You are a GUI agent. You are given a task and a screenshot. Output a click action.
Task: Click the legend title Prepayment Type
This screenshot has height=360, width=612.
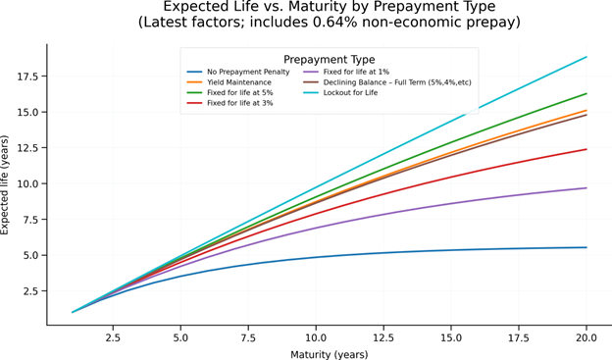(329, 59)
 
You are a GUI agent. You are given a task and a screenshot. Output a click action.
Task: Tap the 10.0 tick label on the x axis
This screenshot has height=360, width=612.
(316, 335)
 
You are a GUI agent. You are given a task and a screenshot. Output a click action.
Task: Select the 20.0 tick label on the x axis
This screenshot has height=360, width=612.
(586, 335)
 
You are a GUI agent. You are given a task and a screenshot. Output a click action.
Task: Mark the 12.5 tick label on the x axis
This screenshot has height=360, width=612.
(383, 335)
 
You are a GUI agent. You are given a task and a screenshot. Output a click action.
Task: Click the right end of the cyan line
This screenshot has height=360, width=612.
(586, 57)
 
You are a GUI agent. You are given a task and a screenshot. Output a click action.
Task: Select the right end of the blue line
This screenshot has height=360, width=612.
(586, 247)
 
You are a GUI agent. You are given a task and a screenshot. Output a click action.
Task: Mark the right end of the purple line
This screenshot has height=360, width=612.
(586, 188)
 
